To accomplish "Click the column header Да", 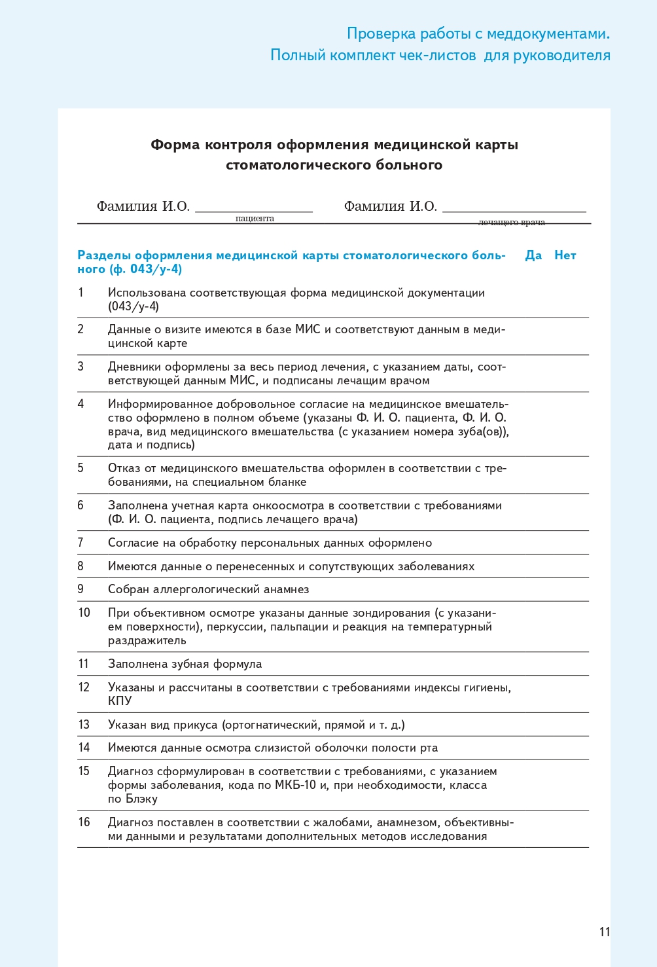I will click(x=533, y=255).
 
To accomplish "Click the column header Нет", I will click(x=565, y=255).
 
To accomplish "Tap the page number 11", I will click(x=604, y=932).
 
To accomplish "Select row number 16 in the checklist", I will click(x=84, y=822).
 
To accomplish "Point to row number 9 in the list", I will click(x=80, y=589).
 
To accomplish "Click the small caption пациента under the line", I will click(x=255, y=219).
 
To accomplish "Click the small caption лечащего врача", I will click(x=511, y=223).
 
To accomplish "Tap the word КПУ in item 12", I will click(x=120, y=701).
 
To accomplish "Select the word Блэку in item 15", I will click(x=141, y=799).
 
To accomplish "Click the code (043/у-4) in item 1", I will click(x=133, y=306).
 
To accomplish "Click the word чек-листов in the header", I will click(x=437, y=56).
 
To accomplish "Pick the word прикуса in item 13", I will click(x=196, y=725).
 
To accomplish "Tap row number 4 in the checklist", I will click(x=80, y=404).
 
